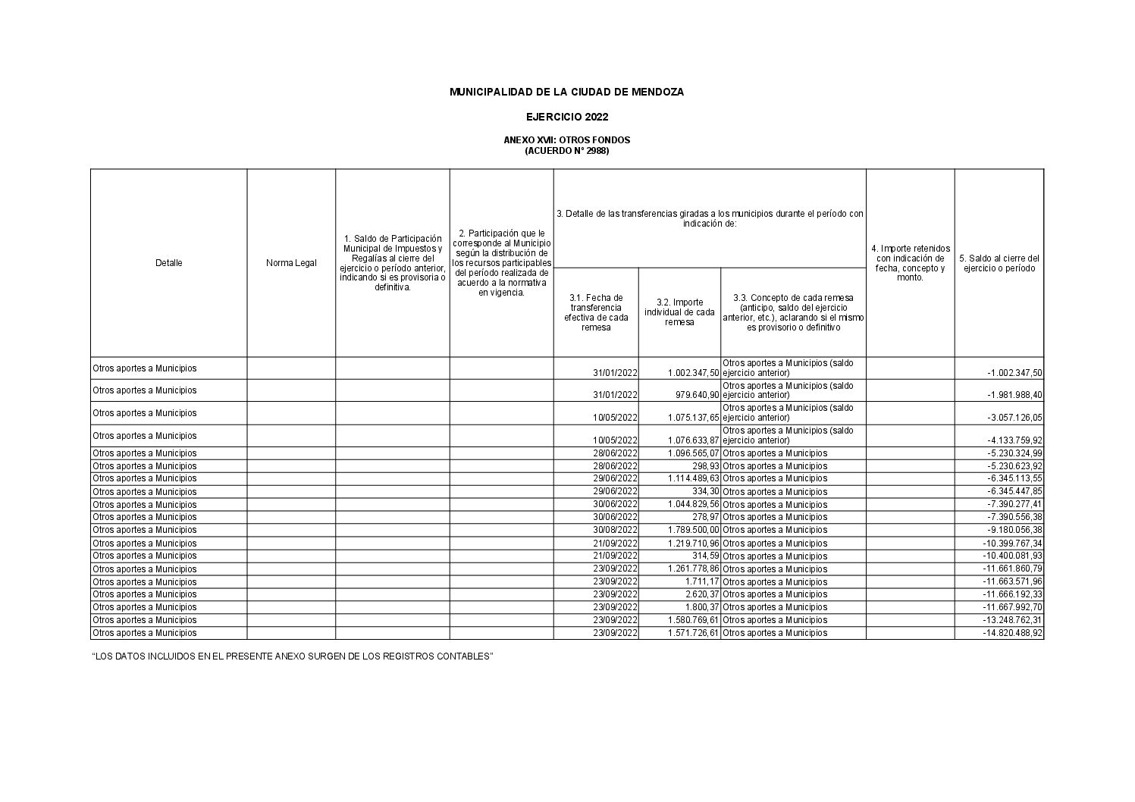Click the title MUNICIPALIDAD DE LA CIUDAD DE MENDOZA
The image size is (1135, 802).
point(566,92)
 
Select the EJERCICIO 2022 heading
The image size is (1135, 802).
point(566,117)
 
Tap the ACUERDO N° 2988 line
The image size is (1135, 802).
point(566,151)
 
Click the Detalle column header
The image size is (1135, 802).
point(168,263)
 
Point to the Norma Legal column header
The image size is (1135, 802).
point(291,263)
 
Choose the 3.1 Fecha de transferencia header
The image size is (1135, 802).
point(596,312)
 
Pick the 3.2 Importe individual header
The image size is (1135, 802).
point(679,312)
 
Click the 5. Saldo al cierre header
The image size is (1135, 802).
point(999,263)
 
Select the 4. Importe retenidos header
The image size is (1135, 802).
point(910,262)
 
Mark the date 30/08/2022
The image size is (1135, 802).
point(615,530)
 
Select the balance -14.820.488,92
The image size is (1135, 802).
point(1013,633)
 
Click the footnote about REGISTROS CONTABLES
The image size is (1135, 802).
point(293,656)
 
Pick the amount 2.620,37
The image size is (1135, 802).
point(702,594)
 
